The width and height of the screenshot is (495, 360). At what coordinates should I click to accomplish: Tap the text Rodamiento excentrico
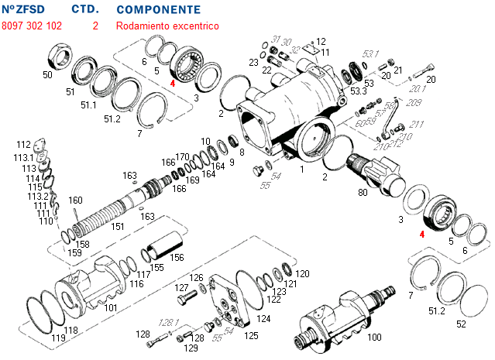pyautogui.click(x=167, y=26)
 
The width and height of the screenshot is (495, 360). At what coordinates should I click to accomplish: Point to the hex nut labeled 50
pyautogui.click(x=60, y=56)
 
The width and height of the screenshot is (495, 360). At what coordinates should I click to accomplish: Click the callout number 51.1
pyautogui.click(x=89, y=105)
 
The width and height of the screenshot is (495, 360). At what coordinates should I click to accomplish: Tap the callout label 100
pyautogui.click(x=374, y=338)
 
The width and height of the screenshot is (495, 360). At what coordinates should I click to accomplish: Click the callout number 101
pyautogui.click(x=111, y=307)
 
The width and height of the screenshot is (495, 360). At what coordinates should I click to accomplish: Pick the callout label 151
pyautogui.click(x=117, y=227)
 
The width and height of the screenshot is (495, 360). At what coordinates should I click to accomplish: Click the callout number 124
pyautogui.click(x=263, y=318)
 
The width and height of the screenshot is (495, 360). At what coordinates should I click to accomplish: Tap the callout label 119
pyautogui.click(x=58, y=338)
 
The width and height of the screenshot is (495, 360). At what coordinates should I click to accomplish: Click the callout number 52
pyautogui.click(x=462, y=324)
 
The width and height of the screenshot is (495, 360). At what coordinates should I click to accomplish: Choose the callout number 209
pyautogui.click(x=414, y=102)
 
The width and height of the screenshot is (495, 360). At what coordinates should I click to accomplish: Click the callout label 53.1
pyautogui.click(x=371, y=54)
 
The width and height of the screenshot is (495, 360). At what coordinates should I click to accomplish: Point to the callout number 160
pyautogui.click(x=75, y=200)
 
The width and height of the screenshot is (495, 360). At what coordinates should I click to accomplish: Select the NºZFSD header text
pyautogui.click(x=22, y=10)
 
